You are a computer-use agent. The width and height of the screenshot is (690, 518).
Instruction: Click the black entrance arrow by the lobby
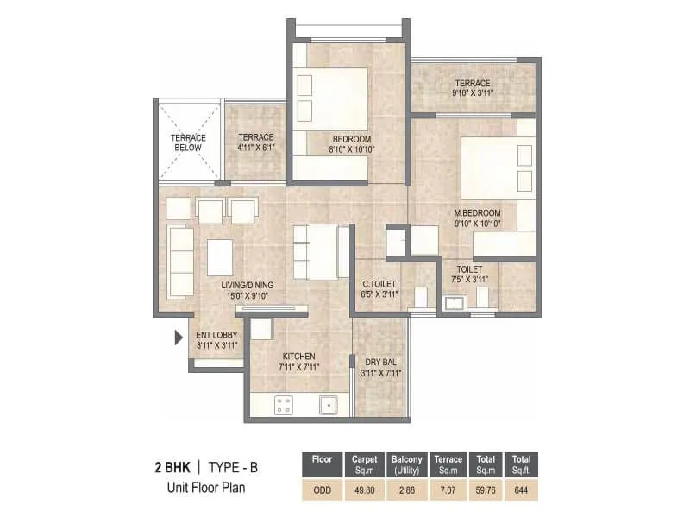pos(179,338)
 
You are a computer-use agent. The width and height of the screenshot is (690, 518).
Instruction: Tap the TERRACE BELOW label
pos(188,142)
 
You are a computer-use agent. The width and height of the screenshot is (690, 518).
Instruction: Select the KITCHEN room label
pos(298,356)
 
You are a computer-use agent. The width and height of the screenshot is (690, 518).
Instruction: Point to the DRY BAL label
pos(379,362)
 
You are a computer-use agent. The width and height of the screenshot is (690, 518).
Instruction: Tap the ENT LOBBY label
pos(216,335)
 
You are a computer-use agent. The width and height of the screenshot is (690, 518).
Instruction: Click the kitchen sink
pos(329,403)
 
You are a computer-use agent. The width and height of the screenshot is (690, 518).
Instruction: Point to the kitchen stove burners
pos(282,403)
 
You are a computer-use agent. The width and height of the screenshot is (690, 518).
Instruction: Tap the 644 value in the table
pos(520,490)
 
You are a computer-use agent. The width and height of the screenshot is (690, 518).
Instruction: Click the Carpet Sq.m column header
pos(362,464)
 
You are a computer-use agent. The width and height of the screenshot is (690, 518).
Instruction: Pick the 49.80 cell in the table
pos(362,490)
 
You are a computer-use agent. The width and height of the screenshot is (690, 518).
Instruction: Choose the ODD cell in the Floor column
pos(321,490)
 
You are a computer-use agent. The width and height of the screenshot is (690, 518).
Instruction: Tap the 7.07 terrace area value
pos(448,490)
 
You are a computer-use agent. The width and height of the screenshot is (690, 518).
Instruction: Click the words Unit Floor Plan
pos(205,488)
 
